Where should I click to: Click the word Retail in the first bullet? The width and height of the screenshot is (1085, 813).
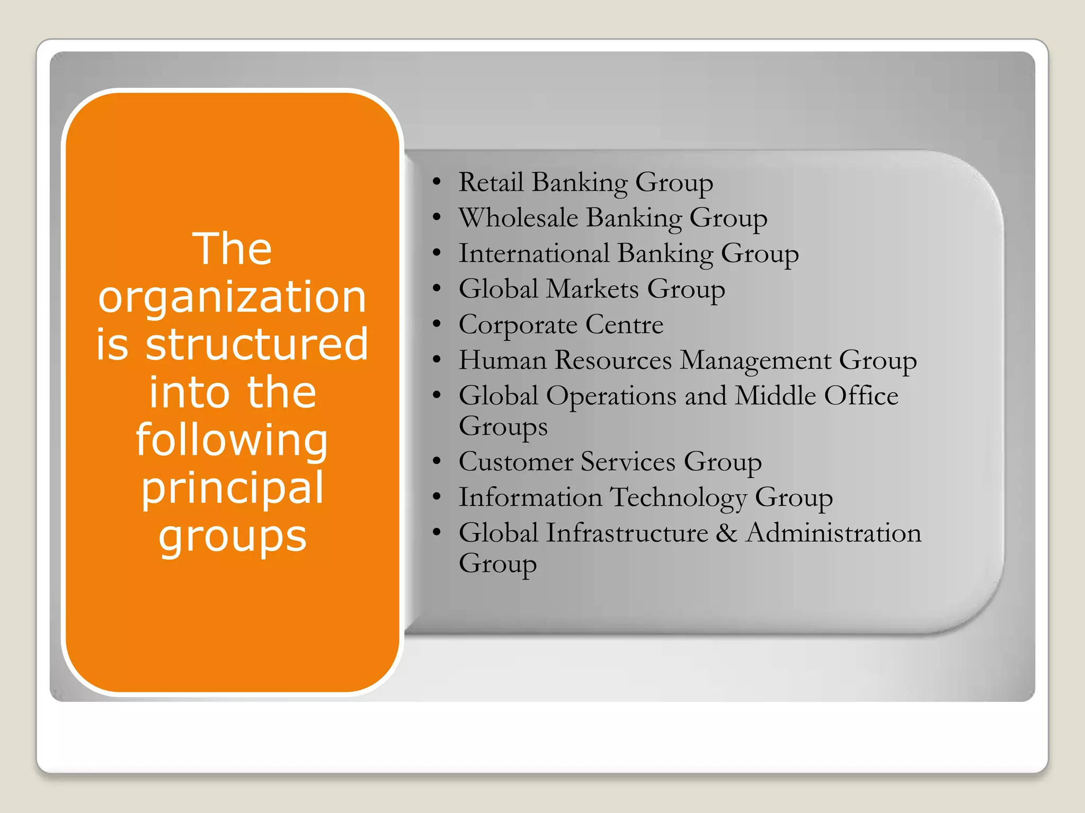[x=491, y=183]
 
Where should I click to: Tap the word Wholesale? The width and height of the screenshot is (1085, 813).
[x=518, y=218]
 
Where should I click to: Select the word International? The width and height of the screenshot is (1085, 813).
[x=534, y=254]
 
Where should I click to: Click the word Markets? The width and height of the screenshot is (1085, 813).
[x=592, y=290]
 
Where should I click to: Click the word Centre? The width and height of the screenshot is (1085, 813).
[x=624, y=324]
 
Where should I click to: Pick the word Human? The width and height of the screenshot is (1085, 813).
[x=502, y=360]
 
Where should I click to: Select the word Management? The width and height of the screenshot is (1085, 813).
[x=755, y=361]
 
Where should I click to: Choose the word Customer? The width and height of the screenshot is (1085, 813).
[x=515, y=462]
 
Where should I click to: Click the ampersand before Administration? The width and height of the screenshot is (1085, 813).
[x=726, y=533]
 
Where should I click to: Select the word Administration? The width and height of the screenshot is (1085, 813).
[x=833, y=533]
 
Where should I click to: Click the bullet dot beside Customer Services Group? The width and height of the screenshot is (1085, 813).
[x=437, y=462]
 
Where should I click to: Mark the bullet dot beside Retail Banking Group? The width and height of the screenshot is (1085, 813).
[x=437, y=182]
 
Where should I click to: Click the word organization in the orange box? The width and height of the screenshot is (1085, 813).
[x=232, y=297]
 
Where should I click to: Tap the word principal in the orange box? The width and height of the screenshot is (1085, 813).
[x=232, y=489]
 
